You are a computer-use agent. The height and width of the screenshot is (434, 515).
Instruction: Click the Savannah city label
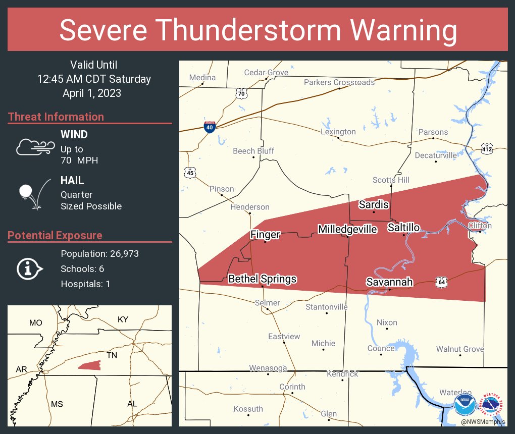[x=390, y=282]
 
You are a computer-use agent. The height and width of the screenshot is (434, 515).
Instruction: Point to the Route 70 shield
[x=241, y=93]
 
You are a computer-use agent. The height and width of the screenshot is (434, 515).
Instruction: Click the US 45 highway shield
[x=190, y=173]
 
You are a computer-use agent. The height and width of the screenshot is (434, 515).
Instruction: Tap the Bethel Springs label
[x=262, y=279]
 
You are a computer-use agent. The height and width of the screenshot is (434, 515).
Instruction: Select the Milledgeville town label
[x=347, y=230]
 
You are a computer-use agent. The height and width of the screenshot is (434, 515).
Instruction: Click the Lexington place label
[x=338, y=132]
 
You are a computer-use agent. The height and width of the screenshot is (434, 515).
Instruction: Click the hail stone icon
[x=26, y=192]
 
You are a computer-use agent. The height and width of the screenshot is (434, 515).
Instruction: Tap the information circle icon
[x=29, y=268]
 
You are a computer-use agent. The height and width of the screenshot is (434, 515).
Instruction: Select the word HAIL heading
[x=72, y=181]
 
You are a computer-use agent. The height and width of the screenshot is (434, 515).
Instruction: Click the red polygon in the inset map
[x=89, y=365]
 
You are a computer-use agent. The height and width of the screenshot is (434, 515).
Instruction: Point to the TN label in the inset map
[x=112, y=355]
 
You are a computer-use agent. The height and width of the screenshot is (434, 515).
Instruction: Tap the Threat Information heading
[x=56, y=117]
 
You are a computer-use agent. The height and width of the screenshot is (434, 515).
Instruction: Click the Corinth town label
[x=292, y=387]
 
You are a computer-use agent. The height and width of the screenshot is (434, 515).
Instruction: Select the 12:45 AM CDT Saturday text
[x=94, y=79]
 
